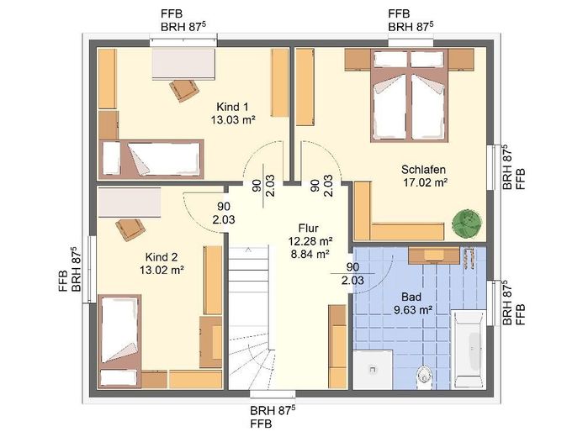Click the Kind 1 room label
point(232,107)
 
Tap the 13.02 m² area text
point(162,270)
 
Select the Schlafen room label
point(423,170)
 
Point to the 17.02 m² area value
point(425,182)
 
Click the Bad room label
point(411,297)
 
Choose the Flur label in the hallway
point(308,228)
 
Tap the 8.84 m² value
point(310,255)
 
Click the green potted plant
point(467,224)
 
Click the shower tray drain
point(373,370)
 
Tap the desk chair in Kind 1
point(184,90)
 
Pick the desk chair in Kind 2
point(130,229)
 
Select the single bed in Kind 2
point(119,341)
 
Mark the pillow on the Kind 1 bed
point(111,158)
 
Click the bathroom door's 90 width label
point(352,267)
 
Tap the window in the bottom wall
point(273,394)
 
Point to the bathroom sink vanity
point(434,255)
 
